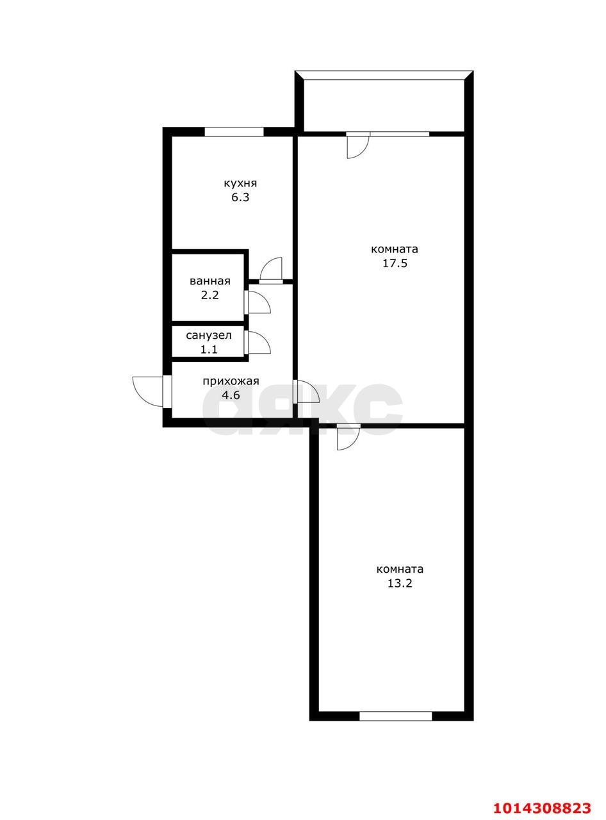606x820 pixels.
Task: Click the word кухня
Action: [x=240, y=183]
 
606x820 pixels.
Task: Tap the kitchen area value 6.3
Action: [x=240, y=197]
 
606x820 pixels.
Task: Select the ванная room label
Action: [x=209, y=281]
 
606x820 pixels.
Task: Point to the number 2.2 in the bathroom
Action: [x=210, y=295]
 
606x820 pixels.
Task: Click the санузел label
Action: [x=209, y=335]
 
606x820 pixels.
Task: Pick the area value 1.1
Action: [x=209, y=349]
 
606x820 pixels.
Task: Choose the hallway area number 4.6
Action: [x=231, y=395]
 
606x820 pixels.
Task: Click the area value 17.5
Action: [x=394, y=263]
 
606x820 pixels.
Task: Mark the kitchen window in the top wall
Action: [x=234, y=131]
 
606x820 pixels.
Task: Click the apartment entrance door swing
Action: [x=148, y=391]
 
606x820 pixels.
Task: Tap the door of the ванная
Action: [x=258, y=302]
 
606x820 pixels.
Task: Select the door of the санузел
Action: [x=258, y=343]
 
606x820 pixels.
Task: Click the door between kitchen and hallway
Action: [x=271, y=270]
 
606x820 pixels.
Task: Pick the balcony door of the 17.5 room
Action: [x=358, y=145]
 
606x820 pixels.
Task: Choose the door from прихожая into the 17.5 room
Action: [x=306, y=391]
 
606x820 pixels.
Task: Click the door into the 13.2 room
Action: [x=348, y=437]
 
